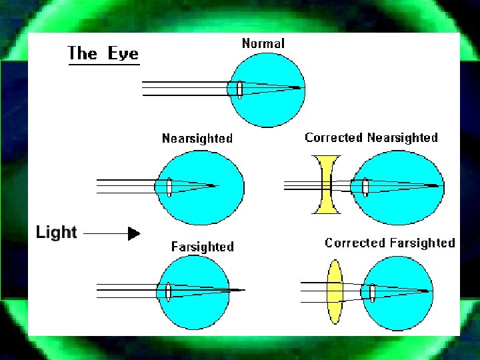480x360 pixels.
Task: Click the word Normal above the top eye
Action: [263, 44]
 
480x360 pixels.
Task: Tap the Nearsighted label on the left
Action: [197, 139]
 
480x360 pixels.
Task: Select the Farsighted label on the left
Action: [203, 247]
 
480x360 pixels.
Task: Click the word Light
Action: [57, 233]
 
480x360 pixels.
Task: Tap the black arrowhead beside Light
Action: [134, 233]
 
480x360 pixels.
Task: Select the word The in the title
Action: [83, 53]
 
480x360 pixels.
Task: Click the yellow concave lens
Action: [326, 185]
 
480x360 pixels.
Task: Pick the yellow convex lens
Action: [334, 292]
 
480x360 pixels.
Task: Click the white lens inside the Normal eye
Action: [239, 89]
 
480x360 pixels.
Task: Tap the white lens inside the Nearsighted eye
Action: [169, 187]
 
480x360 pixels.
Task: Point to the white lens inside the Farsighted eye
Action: [168, 291]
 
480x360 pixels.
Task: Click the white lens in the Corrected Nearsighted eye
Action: [365, 187]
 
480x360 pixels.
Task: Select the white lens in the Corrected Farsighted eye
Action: [373, 292]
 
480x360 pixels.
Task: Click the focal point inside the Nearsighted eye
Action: [214, 185]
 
